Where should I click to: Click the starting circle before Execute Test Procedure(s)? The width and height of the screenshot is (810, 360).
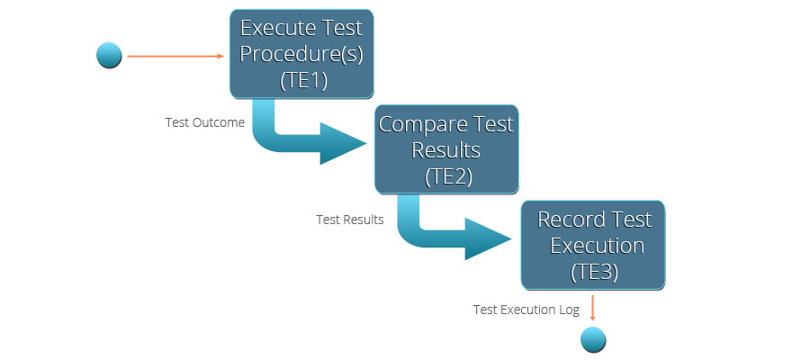(109, 55)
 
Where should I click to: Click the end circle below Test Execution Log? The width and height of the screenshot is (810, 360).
(593, 340)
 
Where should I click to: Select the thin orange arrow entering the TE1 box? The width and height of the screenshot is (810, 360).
(175, 56)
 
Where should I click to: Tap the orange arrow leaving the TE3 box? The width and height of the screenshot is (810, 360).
(592, 308)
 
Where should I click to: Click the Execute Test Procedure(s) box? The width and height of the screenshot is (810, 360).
(301, 54)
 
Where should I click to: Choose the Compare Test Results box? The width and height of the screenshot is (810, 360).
(446, 149)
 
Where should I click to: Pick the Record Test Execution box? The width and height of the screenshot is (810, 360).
(593, 245)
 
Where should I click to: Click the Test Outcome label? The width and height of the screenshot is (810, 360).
(204, 123)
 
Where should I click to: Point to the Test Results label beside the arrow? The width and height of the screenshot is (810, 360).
(350, 220)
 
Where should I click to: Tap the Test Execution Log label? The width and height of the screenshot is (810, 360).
(526, 310)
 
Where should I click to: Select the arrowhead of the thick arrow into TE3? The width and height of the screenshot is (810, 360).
(488, 238)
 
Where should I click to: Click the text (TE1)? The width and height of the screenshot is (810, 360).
(304, 81)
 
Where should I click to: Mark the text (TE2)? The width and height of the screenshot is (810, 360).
(448, 176)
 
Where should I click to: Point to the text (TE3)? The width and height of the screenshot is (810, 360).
(595, 272)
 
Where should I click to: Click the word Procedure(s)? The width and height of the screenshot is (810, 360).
(301, 55)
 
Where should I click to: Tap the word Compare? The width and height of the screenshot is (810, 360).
(416, 125)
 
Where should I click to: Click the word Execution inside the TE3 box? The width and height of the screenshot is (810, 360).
(597, 246)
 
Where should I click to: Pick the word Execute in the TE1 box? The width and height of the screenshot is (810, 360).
(271, 28)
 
